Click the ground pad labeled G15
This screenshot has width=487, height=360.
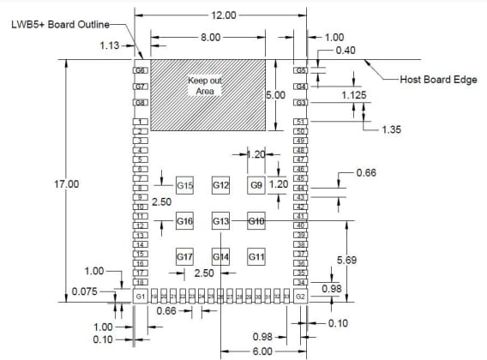coord(185,185)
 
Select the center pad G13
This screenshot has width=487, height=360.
coord(220,222)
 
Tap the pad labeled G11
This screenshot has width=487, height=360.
coord(256,256)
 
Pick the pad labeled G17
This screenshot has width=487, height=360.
coord(185,256)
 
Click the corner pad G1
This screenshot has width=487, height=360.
coord(141,296)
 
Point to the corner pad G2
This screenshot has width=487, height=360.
coord(300,296)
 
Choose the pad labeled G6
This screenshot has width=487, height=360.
coord(141,69)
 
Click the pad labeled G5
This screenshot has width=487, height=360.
coord(301,69)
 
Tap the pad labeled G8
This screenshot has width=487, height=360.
coord(141,103)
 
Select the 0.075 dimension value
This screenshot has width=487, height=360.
coord(84,291)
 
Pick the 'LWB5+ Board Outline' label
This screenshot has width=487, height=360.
coord(60,26)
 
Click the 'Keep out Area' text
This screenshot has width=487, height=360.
coord(205,85)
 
